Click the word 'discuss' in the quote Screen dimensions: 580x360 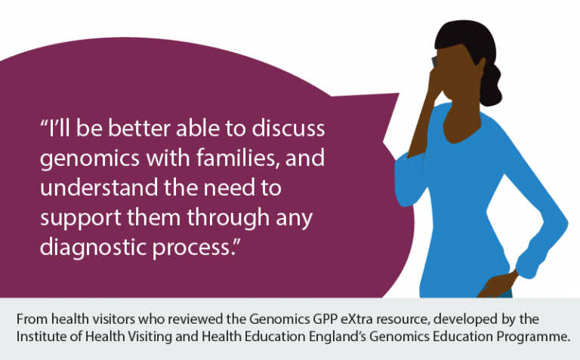tap(288, 128)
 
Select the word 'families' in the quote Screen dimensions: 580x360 tap(237, 158)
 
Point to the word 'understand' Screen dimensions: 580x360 tap(99, 187)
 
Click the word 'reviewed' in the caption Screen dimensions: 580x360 tap(198, 318)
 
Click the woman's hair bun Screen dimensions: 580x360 tap(490, 86)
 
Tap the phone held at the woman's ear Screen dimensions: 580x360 tap(434, 61)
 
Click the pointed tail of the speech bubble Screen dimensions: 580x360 tap(398, 94)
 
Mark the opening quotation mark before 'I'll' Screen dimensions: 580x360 tap(44, 122)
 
